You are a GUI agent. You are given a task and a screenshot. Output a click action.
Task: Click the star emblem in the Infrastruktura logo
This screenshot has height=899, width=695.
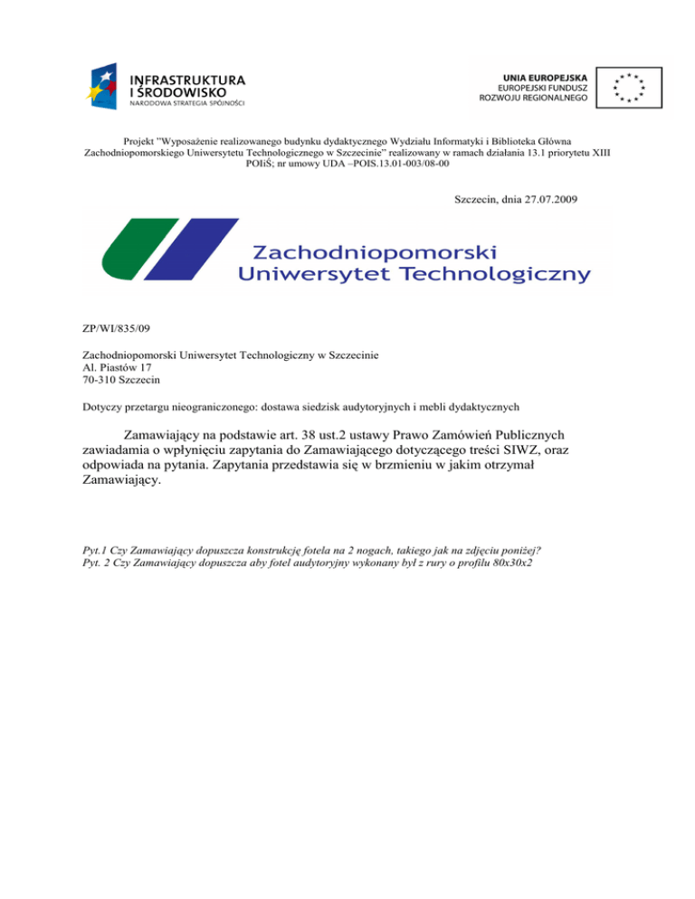tap(104, 84)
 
